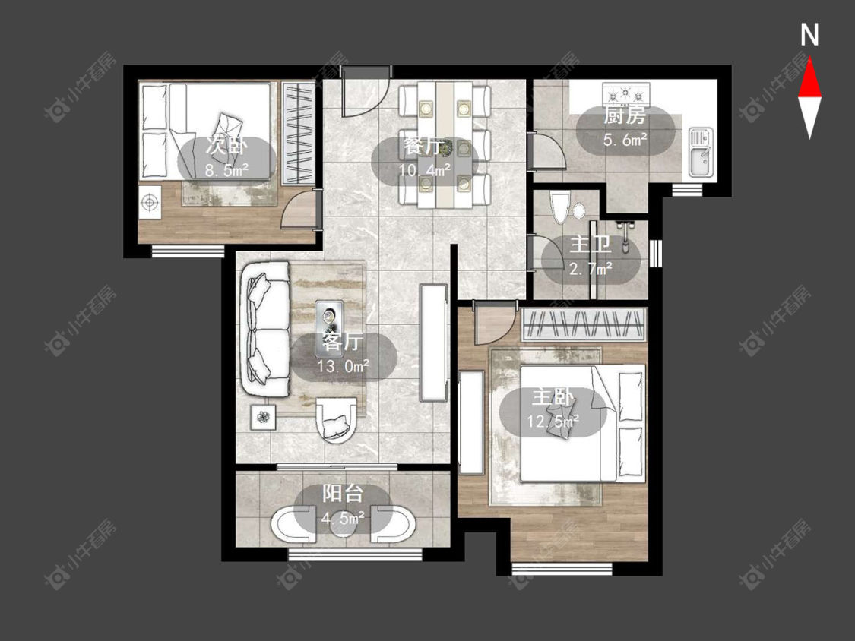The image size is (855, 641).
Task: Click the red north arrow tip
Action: click(x=809, y=58)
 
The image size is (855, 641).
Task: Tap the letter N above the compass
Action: click(x=809, y=35)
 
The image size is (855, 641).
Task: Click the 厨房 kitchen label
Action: click(x=625, y=116)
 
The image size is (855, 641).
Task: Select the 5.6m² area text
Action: click(x=625, y=140)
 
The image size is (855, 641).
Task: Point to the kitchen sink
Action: click(x=701, y=152)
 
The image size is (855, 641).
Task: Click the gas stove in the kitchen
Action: click(x=626, y=94)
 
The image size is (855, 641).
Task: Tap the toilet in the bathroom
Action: click(x=560, y=208)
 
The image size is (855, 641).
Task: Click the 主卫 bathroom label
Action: click(x=591, y=245)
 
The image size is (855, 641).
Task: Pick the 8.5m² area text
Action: click(x=226, y=170)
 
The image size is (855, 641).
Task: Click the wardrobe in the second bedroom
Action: click(x=299, y=132)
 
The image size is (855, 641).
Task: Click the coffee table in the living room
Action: click(x=329, y=320)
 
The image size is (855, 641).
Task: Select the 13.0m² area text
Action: click(x=344, y=366)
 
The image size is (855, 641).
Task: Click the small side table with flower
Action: click(x=264, y=418)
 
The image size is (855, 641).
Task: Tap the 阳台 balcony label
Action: click(x=343, y=494)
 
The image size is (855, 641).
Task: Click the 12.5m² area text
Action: click(x=553, y=421)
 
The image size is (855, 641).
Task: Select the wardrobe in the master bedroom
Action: click(x=584, y=324)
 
